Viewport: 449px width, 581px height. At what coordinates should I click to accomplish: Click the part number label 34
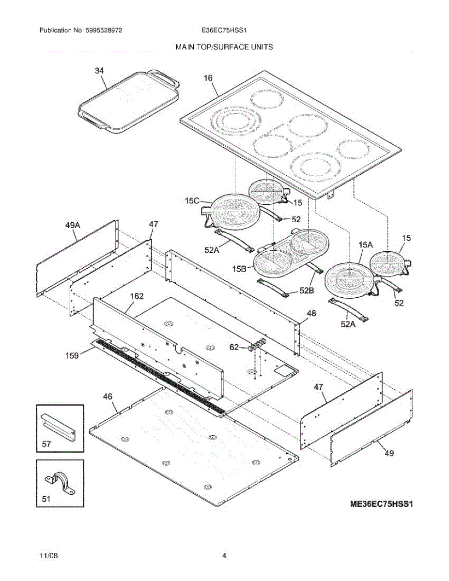[99, 71]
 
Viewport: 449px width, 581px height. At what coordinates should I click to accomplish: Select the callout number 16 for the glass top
[209, 77]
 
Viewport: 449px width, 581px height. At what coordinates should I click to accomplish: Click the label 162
[136, 296]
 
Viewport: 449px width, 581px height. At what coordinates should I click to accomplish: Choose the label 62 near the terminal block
[234, 347]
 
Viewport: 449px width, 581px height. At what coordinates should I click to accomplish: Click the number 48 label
[311, 314]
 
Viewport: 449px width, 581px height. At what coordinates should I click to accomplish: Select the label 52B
[307, 290]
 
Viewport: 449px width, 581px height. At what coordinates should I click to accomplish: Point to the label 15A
[366, 245]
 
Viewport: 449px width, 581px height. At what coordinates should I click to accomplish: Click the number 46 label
[108, 396]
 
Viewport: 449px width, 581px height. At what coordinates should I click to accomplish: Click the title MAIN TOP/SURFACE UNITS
[224, 47]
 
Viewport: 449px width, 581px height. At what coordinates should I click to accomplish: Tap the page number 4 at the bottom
[224, 556]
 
